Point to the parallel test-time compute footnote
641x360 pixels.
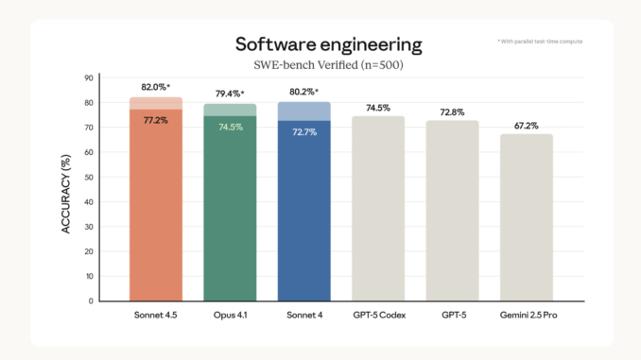(x=540, y=43)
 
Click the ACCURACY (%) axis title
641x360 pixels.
(x=67, y=189)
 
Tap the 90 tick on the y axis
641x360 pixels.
(x=89, y=77)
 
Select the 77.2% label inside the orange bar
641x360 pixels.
(x=156, y=121)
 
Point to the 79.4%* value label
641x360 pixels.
(x=230, y=94)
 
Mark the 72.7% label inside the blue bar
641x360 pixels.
(x=303, y=132)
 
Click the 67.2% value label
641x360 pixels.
(x=526, y=126)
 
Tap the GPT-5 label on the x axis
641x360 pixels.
(x=452, y=314)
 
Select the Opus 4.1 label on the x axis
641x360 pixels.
(x=230, y=314)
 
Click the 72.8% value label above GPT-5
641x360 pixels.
(x=452, y=112)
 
